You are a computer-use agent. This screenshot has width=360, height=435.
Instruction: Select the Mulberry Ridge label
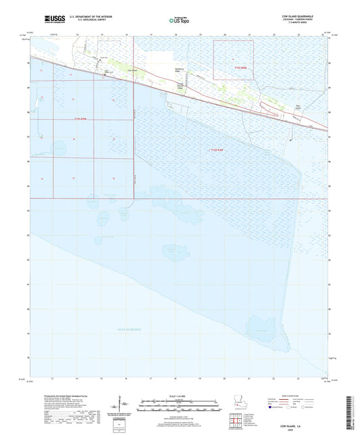point(174,70)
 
